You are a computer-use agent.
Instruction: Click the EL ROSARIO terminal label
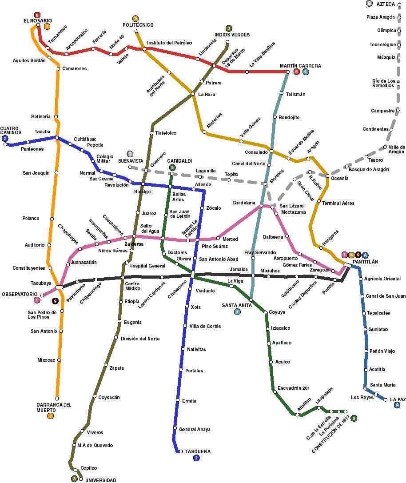point(38,21)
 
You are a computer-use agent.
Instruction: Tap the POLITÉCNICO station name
point(138,25)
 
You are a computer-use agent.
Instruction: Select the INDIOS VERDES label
point(232,35)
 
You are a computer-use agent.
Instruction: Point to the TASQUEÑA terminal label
point(198,451)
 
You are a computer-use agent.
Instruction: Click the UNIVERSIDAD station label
point(101,480)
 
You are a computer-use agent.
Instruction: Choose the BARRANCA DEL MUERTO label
point(54,407)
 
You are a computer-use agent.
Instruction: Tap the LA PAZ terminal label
point(398,399)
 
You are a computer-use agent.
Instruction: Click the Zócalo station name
point(214,208)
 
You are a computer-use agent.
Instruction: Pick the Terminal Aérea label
point(338,203)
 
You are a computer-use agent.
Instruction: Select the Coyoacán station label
point(109,397)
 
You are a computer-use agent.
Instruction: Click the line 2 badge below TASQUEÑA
point(197,458)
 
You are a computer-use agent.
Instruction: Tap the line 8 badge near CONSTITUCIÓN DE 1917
point(354,418)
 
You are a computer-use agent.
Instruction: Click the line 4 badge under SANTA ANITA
point(237,311)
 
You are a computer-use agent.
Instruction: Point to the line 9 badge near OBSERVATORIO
point(56,301)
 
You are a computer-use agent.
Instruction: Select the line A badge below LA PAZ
point(398,405)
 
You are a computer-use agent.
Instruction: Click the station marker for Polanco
point(52,218)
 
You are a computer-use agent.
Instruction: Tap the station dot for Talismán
point(282,93)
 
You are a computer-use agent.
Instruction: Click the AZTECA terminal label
point(386,4)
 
